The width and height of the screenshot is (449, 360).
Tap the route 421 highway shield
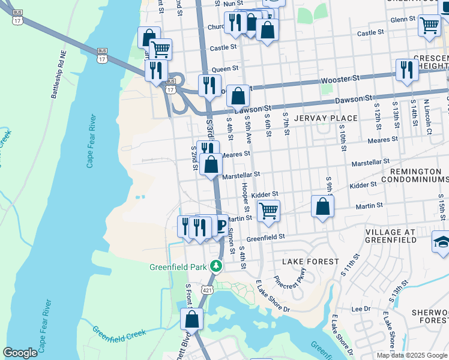[208, 290]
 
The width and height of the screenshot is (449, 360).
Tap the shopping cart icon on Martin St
[268, 211]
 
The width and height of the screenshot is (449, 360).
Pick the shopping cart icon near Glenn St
[429, 25]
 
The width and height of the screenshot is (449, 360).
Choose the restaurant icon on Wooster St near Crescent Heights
[407, 70]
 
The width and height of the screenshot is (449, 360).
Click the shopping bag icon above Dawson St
[238, 95]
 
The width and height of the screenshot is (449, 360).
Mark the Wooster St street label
[340, 79]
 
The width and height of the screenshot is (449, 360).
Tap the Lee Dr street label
[361, 309]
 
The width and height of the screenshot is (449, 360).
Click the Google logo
[20, 353]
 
